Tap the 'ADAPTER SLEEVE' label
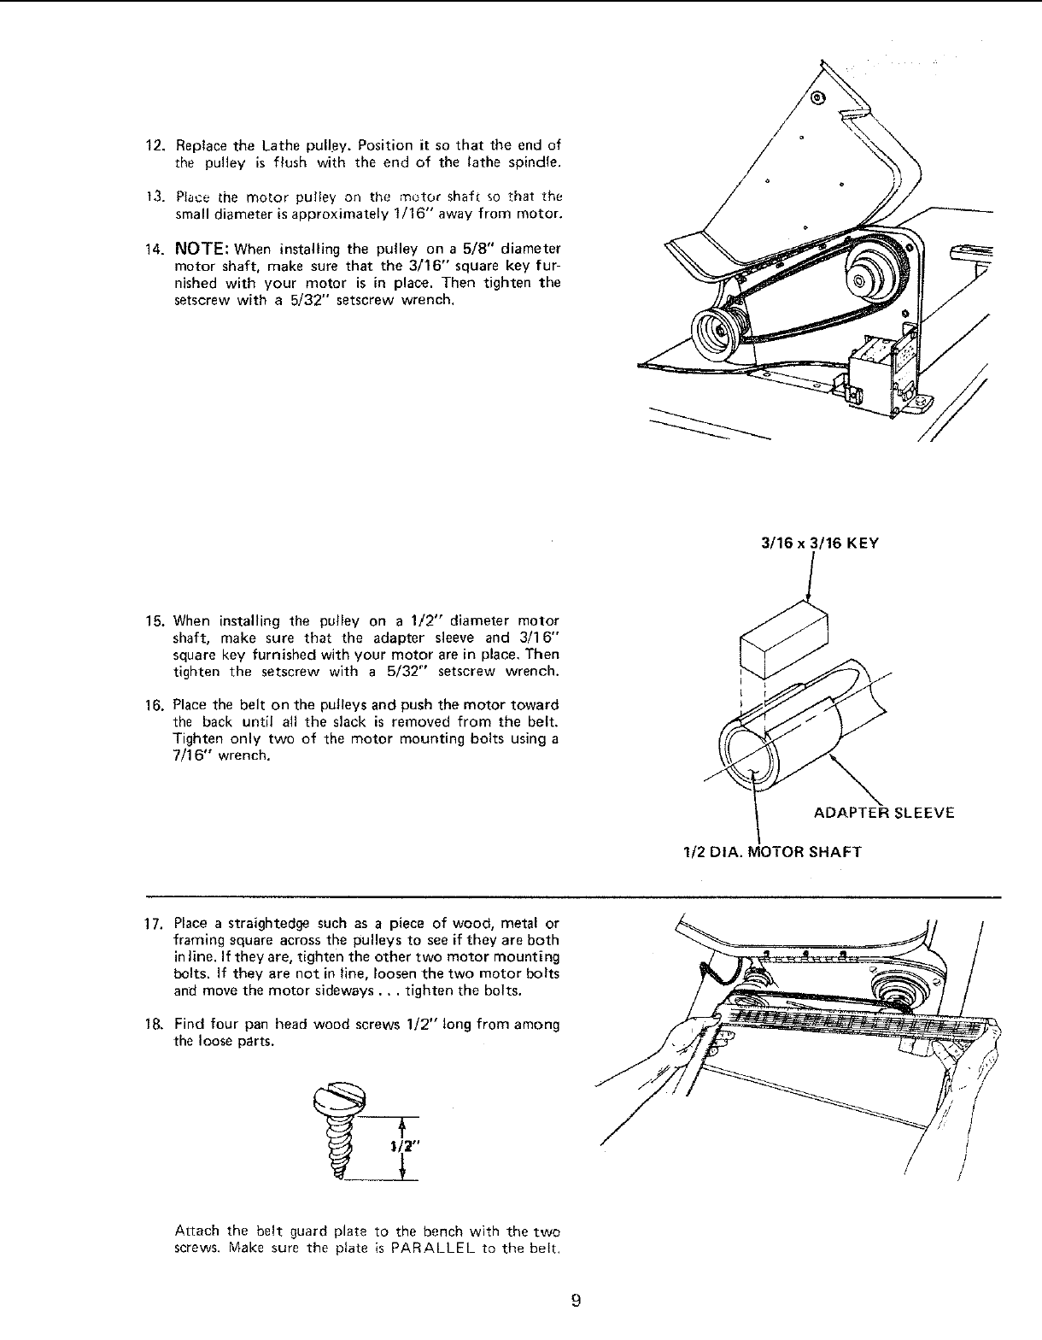pos(884,813)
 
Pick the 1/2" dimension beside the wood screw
pos(397,1149)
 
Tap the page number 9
pos(576,1302)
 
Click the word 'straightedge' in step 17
pos(270,924)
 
